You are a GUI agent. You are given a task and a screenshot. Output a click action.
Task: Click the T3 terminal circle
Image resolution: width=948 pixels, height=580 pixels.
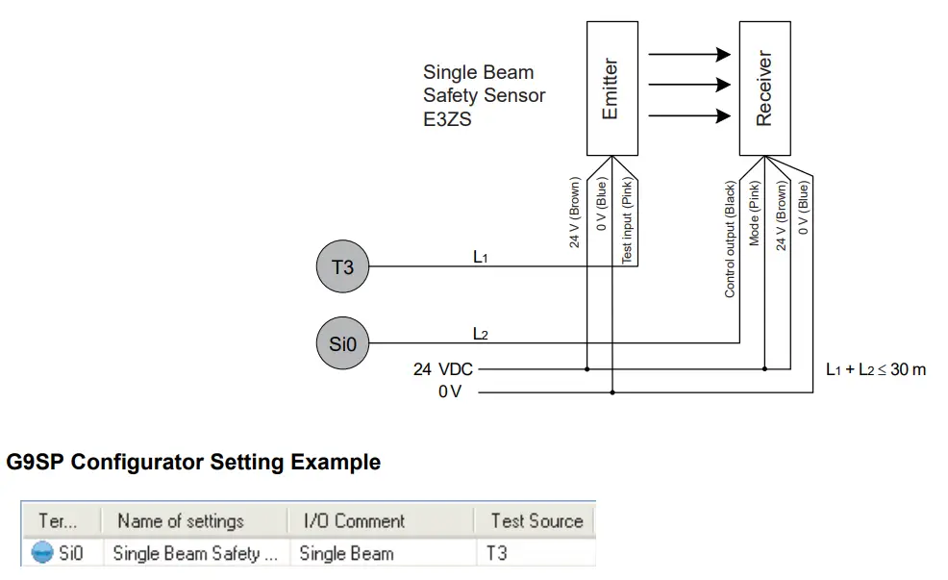tap(342, 267)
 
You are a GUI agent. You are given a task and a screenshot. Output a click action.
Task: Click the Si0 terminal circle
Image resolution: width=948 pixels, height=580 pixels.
tap(342, 342)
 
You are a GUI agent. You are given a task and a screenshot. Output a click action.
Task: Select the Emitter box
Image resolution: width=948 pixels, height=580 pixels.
tap(611, 88)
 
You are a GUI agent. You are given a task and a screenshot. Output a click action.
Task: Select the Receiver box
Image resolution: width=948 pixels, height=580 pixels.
tap(764, 88)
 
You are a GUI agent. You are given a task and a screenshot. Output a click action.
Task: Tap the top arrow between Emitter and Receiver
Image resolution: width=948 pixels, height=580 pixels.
tap(689, 55)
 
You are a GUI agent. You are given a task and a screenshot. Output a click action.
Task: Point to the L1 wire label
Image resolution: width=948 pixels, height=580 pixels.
tap(481, 258)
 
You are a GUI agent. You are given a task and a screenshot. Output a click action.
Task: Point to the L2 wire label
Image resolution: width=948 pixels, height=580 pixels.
tap(481, 334)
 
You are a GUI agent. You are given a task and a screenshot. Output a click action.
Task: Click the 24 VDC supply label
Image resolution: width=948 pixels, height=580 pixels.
tap(442, 369)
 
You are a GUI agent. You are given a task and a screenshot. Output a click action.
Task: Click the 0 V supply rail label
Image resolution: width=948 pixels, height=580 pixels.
tap(450, 393)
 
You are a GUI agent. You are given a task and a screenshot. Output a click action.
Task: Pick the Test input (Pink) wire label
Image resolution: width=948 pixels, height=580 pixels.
tap(626, 221)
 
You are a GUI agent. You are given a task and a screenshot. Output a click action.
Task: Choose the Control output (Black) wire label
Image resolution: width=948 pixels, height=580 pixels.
tap(730, 239)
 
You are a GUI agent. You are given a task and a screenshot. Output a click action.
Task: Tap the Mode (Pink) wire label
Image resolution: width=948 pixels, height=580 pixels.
tap(755, 214)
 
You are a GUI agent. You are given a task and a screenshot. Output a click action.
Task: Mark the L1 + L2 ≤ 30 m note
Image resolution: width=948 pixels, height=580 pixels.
tap(876, 369)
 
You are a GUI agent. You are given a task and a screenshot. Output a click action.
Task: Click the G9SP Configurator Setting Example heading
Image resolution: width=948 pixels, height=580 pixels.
tap(193, 463)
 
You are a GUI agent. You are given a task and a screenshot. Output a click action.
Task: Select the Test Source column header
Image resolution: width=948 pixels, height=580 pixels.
tap(536, 521)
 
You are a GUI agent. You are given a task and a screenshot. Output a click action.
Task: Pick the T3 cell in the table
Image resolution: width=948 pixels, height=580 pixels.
tap(497, 553)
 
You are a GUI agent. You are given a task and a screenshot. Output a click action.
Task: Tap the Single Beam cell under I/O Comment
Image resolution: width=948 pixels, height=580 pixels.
tap(346, 553)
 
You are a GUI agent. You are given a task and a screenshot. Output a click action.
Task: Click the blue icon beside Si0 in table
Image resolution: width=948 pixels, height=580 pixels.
tap(43, 553)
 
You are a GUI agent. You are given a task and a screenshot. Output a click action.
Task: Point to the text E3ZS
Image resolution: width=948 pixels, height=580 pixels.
tap(447, 120)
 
